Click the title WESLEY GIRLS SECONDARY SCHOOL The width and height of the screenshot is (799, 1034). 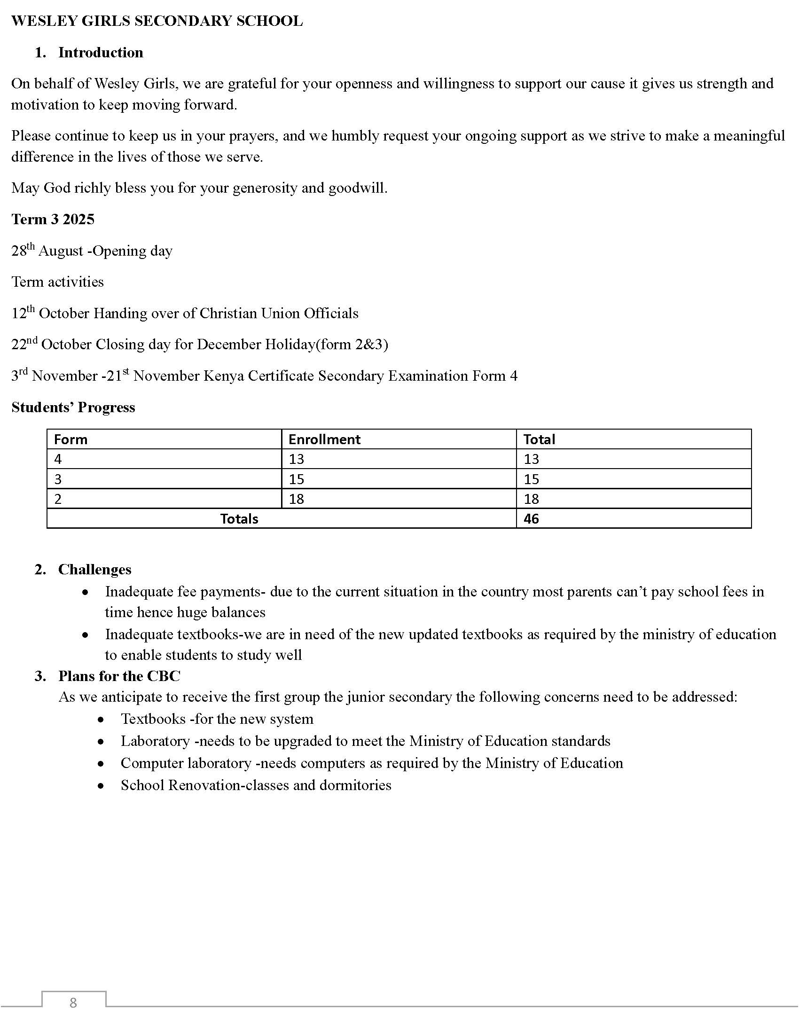point(157,21)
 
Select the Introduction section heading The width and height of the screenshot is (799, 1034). point(101,53)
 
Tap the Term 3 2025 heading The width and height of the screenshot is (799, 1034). point(53,219)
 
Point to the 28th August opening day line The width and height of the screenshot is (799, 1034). point(92,251)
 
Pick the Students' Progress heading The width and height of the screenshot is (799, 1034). point(73,407)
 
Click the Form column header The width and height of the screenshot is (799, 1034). point(70,439)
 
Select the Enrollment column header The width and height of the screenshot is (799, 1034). point(324,439)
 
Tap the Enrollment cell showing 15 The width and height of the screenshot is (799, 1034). point(296,479)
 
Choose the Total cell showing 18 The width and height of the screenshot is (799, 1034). point(531,499)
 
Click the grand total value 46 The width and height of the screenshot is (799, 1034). point(531,519)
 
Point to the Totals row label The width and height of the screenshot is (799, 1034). point(239,519)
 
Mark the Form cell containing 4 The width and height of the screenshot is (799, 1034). point(58,459)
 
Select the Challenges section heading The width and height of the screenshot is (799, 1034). point(94,570)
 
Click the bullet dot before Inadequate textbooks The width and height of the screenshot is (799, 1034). point(85,635)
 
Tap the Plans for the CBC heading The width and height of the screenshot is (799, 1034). point(119,676)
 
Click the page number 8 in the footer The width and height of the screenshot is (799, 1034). point(73,1003)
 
